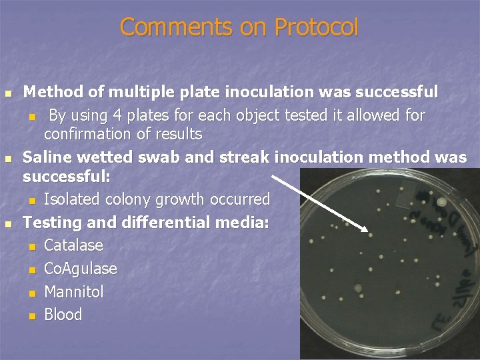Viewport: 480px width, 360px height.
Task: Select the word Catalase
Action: click(73, 245)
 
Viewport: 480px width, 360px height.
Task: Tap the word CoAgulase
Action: click(80, 269)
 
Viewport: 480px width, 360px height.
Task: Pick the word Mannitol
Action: click(73, 292)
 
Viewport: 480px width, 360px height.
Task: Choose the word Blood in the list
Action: click(63, 315)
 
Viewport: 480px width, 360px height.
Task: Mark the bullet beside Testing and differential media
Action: click(9, 223)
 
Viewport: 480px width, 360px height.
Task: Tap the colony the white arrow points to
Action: click(371, 234)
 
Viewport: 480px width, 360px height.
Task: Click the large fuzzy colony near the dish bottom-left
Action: click(359, 288)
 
